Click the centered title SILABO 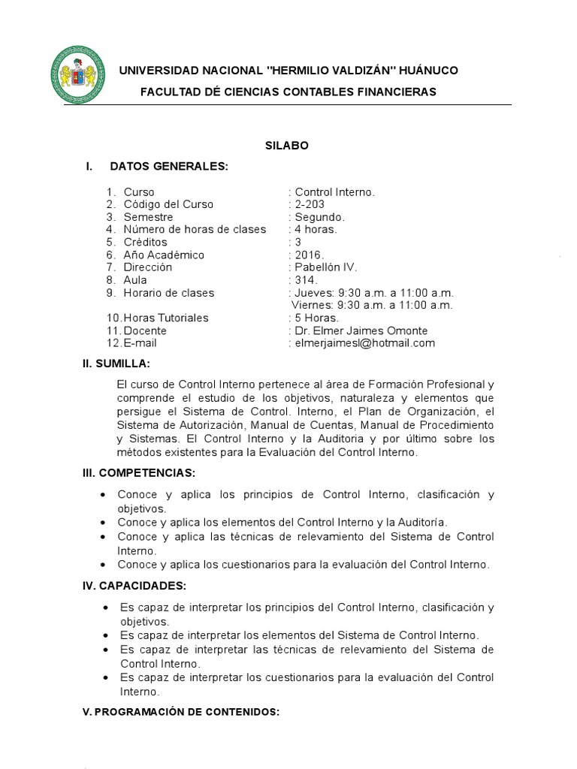286,146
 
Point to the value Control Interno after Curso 334,191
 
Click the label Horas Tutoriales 166,318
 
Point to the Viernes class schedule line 372,305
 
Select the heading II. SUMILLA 116,364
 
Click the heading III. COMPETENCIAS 139,472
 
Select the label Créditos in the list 146,242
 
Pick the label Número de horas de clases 195,229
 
